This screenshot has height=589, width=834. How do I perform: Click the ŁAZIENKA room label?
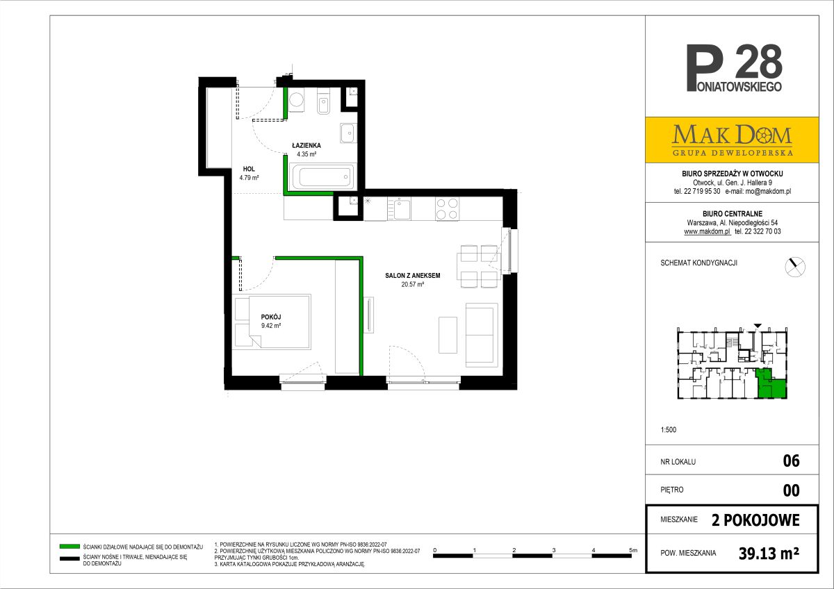(x=306, y=145)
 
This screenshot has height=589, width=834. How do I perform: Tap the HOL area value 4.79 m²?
(x=249, y=178)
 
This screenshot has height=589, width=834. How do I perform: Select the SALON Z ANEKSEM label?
(x=413, y=276)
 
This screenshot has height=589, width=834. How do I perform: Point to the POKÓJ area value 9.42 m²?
(x=271, y=326)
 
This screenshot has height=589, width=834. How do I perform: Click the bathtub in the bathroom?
(x=322, y=176)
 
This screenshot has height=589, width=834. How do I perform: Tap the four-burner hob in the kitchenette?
(x=447, y=209)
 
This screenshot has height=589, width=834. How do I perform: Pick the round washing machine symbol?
(x=296, y=100)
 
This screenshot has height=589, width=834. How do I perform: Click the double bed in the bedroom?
(x=272, y=322)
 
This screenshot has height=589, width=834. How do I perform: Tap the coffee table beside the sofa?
(x=448, y=335)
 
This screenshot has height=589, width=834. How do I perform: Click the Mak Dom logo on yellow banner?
(x=732, y=140)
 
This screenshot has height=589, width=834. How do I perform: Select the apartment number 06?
(x=791, y=461)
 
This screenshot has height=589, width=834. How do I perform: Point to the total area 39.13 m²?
(x=769, y=554)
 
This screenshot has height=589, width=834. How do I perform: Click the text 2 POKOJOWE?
(x=755, y=520)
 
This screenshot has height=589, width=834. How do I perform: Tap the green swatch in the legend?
(x=69, y=547)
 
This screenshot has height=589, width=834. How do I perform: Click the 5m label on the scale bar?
(x=633, y=550)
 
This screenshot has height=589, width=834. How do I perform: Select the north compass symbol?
(x=795, y=267)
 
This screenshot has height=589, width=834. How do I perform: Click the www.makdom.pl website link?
(x=707, y=231)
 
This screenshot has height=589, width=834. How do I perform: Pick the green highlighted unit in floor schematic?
(x=771, y=384)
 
